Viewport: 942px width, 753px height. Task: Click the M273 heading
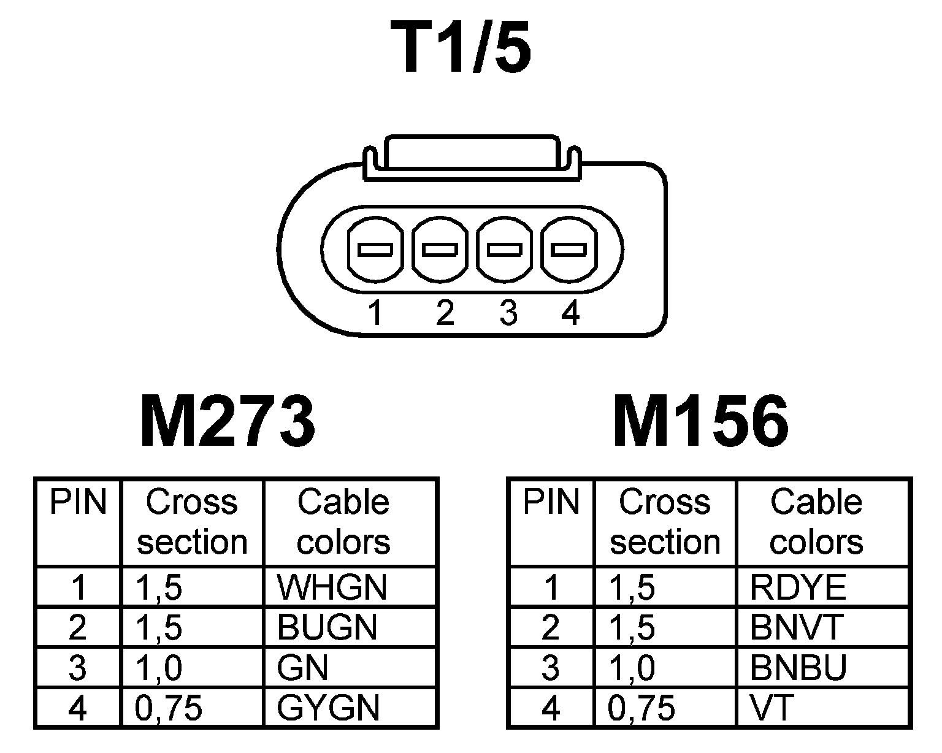point(228,422)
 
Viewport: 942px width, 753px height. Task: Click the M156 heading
point(701,422)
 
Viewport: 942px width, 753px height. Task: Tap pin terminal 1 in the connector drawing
point(375,250)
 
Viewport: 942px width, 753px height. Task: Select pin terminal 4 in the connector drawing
point(569,250)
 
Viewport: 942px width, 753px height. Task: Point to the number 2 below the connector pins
point(445,313)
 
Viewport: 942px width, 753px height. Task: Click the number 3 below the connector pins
point(508,313)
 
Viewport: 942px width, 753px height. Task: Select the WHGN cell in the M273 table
point(332,587)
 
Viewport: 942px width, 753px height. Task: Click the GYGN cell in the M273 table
point(328,708)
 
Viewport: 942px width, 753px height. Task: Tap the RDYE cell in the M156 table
point(797,587)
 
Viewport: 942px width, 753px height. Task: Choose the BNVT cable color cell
point(797,627)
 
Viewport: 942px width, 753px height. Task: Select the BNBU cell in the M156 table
point(798,667)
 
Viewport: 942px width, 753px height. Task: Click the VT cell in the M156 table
point(772,708)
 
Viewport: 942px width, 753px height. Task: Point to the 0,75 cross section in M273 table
point(169,708)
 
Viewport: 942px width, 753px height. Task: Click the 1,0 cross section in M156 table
point(632,667)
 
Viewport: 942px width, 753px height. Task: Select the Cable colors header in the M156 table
point(816,521)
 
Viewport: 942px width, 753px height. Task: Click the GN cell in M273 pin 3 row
point(302,667)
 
